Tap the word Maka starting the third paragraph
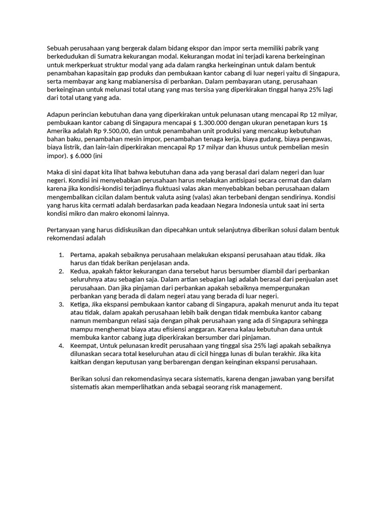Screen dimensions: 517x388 56,172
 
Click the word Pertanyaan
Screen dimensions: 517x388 65,230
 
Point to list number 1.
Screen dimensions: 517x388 61,255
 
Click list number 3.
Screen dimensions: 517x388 61,304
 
